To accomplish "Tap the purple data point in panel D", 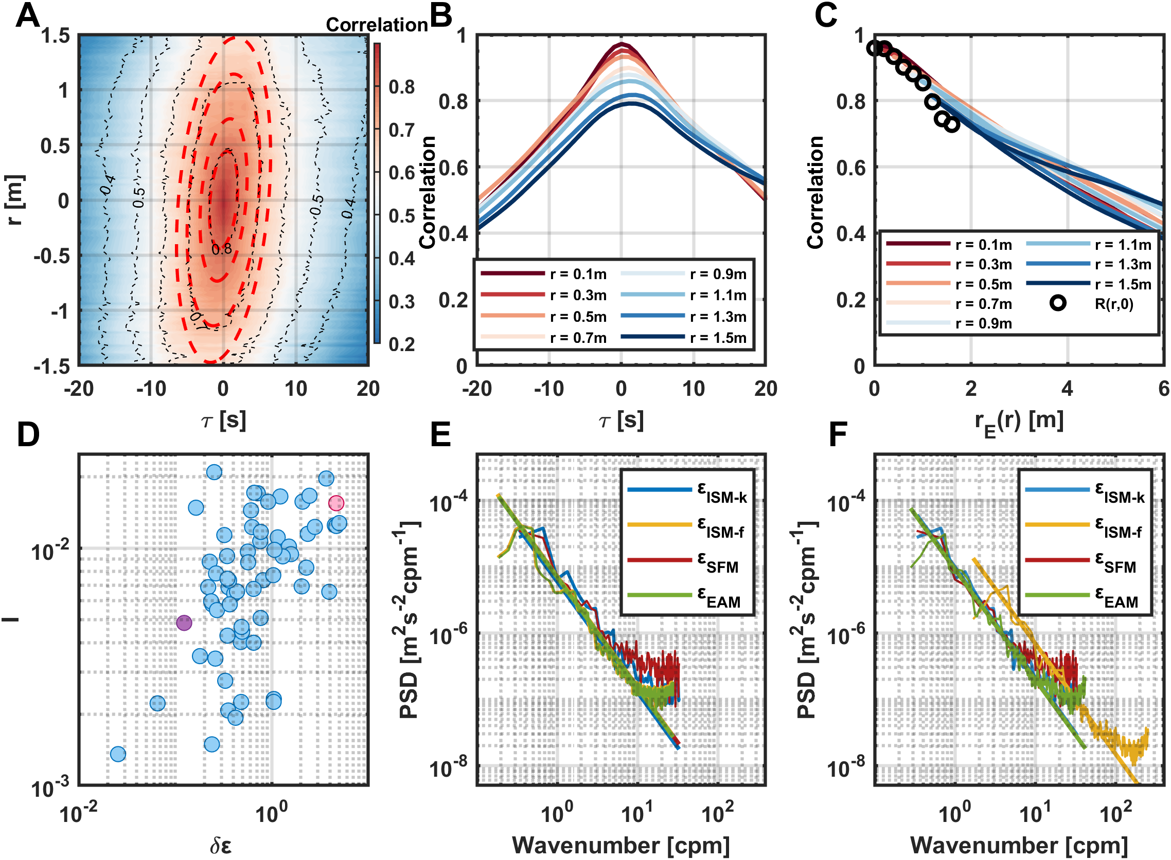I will click(x=184, y=623).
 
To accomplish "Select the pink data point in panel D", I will click(x=336, y=503).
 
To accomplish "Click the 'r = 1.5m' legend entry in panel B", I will click(x=718, y=338).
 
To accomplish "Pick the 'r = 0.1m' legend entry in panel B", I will click(x=578, y=274).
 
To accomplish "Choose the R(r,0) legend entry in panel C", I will click(x=1114, y=304).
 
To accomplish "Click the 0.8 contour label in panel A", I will click(x=221, y=250).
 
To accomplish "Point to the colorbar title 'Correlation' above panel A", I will click(x=377, y=25).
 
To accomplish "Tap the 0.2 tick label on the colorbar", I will click(x=402, y=344).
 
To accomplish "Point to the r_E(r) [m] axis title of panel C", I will click(x=1019, y=420).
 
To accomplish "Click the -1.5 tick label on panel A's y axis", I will click(x=51, y=367).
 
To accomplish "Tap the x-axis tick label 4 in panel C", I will click(x=1068, y=388).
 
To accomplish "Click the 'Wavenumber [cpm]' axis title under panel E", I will click(x=621, y=846).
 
